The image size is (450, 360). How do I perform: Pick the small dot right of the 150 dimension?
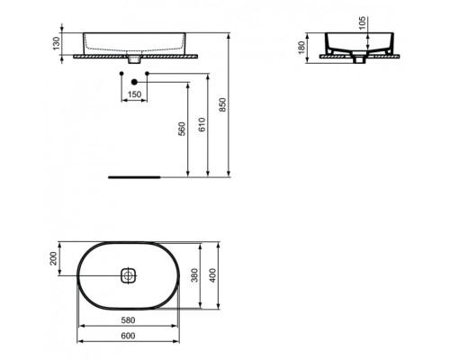pos(146,71)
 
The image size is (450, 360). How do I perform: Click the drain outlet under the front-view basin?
pos(134,60)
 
